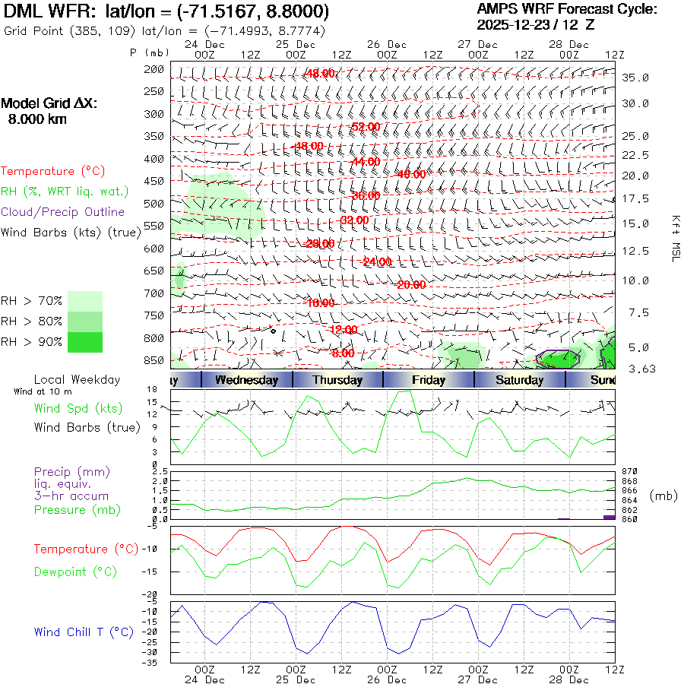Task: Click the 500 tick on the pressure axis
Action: click(154, 203)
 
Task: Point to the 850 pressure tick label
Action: click(154, 359)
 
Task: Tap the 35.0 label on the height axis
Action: click(635, 78)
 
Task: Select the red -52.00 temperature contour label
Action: click(365, 126)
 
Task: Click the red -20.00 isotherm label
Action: click(411, 284)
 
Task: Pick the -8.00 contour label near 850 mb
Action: click(343, 353)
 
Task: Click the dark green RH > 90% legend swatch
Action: click(85, 342)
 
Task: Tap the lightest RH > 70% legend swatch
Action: click(85, 301)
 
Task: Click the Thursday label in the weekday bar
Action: click(337, 380)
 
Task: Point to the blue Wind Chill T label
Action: click(84, 632)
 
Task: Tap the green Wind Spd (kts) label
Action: click(78, 408)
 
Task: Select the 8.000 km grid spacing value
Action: click(37, 119)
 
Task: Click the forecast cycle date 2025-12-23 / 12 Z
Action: click(536, 24)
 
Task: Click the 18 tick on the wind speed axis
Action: click(153, 389)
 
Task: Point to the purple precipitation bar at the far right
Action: click(609, 517)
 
